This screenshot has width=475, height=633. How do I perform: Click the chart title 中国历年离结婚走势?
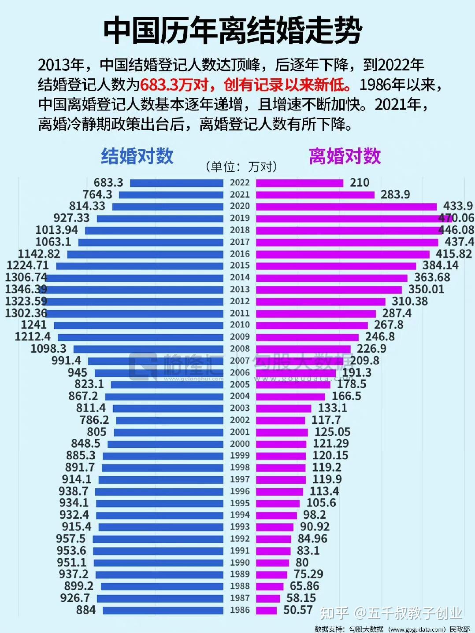233,31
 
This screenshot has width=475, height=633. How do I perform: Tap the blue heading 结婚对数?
137,156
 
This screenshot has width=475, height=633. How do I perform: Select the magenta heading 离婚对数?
345,156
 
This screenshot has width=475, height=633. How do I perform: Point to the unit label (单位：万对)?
241,167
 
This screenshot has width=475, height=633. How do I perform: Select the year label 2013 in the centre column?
240,289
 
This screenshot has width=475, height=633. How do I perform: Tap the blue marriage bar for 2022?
177,183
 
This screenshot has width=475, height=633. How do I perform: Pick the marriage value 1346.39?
26,289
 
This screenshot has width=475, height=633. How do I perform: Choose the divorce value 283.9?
395,195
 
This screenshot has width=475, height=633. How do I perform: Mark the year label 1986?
240,610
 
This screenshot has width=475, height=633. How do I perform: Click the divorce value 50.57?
298,610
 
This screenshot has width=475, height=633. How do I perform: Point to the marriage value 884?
86,610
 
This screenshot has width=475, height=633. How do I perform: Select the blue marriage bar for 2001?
169,432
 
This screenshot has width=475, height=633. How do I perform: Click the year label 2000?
240,444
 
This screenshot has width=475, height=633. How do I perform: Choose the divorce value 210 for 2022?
360,183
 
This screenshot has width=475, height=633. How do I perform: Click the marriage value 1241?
34,325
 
